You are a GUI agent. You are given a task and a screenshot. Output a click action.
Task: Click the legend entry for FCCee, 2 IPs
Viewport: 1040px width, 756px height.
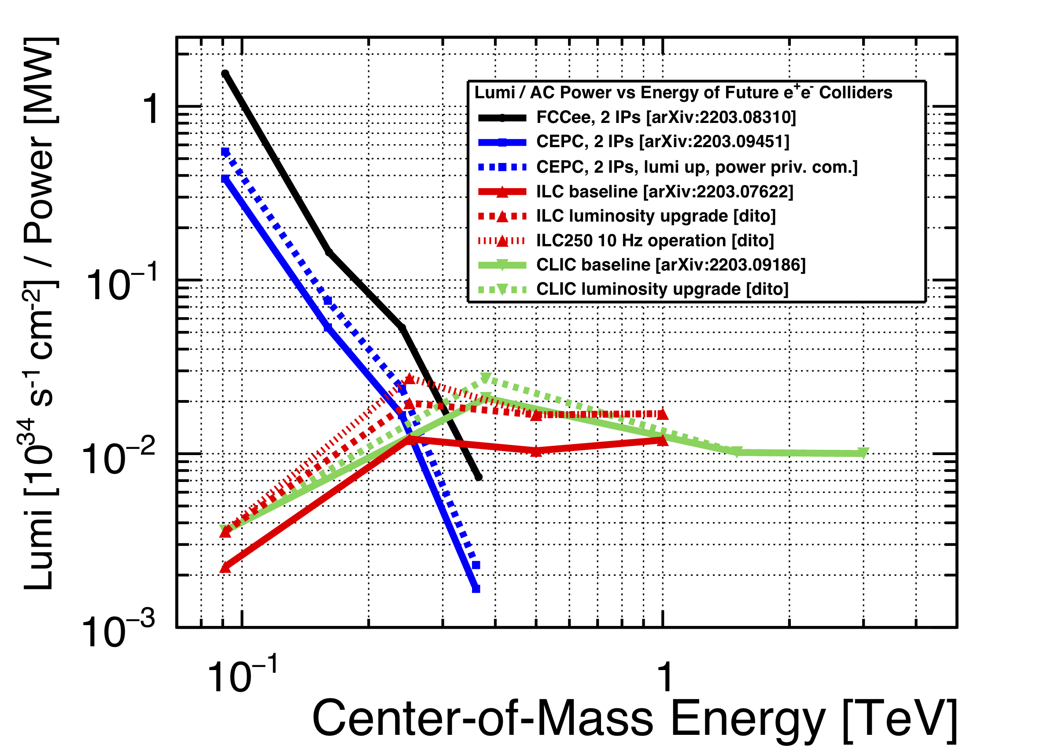[666, 118]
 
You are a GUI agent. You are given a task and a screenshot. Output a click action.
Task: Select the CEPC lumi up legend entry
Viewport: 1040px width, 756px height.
[697, 167]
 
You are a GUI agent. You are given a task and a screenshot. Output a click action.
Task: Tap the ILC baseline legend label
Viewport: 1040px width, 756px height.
[664, 192]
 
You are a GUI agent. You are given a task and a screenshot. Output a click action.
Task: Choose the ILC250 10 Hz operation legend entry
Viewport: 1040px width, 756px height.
[655, 241]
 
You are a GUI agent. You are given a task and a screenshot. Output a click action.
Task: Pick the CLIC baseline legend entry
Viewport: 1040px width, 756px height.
[671, 265]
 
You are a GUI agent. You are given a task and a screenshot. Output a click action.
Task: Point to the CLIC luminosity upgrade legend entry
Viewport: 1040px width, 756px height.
[662, 289]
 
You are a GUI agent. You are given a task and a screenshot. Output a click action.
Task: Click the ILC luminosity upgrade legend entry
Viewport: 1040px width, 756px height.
[656, 216]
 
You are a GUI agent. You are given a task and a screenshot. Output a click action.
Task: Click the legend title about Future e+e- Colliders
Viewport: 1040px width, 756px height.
[683, 93]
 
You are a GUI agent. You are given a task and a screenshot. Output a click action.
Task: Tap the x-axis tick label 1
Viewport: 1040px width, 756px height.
[664, 677]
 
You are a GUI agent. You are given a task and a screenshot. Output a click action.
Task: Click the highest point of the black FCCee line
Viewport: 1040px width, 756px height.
[225, 74]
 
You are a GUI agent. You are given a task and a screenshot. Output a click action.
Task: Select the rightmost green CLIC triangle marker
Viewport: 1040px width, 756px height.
[863, 453]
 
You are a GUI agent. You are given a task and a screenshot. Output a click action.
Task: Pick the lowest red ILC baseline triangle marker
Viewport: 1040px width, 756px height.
[225, 568]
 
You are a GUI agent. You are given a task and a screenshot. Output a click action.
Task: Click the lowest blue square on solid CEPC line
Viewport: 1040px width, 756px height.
[476, 589]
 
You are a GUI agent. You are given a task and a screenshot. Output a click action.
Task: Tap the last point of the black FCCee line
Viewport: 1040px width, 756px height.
[479, 478]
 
